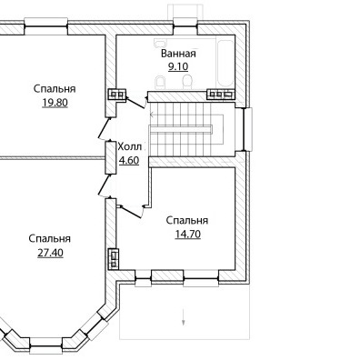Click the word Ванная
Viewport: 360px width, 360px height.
pyautogui.click(x=178, y=54)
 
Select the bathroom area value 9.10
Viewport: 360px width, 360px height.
pyautogui.click(x=178, y=66)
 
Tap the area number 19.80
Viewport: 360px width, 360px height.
pyautogui.click(x=55, y=103)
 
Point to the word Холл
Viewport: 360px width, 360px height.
pyautogui.click(x=129, y=147)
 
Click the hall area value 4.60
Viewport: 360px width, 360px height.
pyautogui.click(x=129, y=160)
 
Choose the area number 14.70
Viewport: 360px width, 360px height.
pyautogui.click(x=187, y=234)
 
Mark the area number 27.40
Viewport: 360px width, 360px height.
pyautogui.click(x=50, y=253)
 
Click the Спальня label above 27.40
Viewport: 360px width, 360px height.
pyautogui.click(x=50, y=239)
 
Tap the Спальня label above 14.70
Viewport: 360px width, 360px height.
pyautogui.click(x=187, y=220)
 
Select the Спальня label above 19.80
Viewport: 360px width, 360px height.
pyautogui.click(x=55, y=89)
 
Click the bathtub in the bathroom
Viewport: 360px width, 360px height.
pyautogui.click(x=225, y=63)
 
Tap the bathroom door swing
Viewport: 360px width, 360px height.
pyautogui.click(x=135, y=103)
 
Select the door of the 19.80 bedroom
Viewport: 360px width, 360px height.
pyautogui.click(x=105, y=128)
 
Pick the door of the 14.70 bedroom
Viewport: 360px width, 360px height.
pyautogui.click(x=131, y=211)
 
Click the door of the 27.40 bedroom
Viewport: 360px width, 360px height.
pyautogui.click(x=105, y=185)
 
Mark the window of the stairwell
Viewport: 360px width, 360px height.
pyautogui.click(x=247, y=129)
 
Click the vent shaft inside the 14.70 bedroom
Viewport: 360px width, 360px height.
pyautogui.click(x=114, y=258)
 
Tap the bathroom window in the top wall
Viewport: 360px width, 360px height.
pyautogui.click(x=185, y=26)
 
